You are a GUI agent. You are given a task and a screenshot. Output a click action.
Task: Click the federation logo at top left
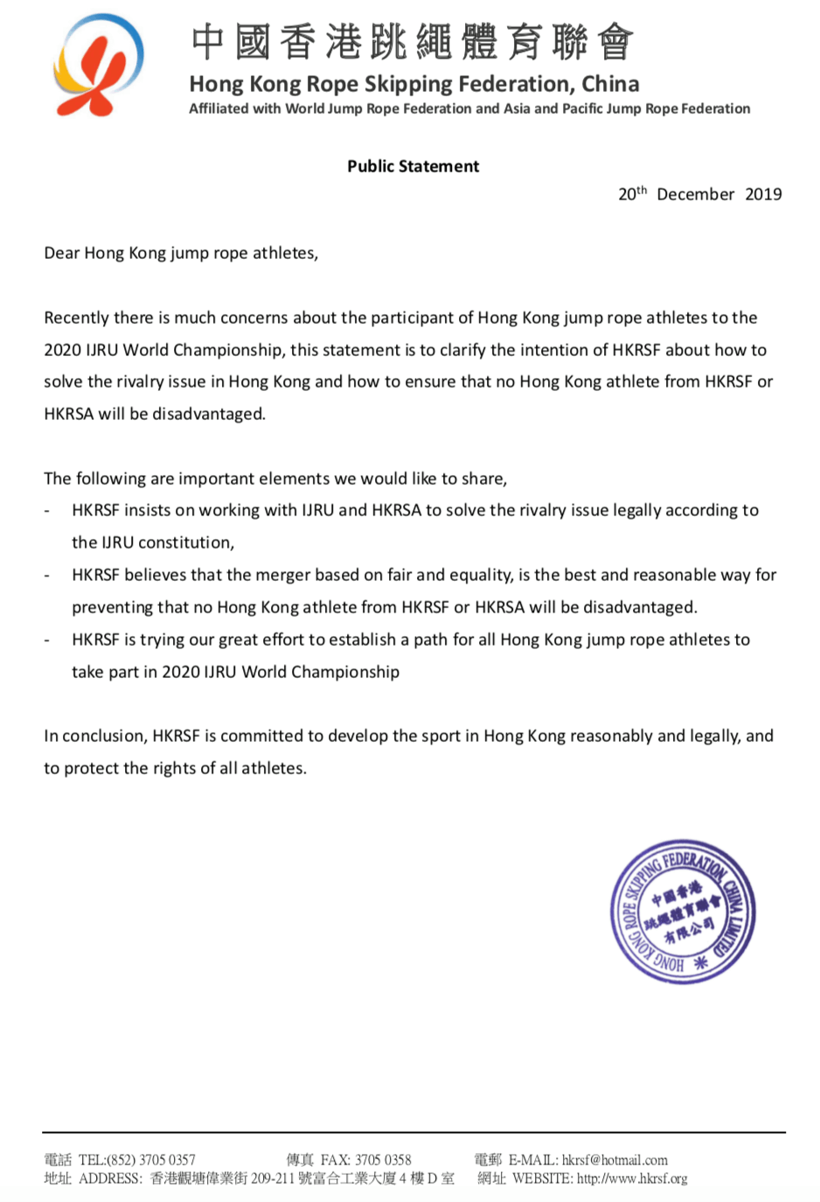[98, 66]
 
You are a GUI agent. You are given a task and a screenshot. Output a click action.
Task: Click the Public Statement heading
[413, 166]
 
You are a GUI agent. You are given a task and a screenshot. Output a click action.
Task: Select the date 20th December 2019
[699, 194]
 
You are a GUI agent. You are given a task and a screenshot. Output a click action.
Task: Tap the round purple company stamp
[683, 912]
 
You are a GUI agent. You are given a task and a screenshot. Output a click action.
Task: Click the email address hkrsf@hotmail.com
[615, 1160]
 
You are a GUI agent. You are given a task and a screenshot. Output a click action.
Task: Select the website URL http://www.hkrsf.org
[632, 1178]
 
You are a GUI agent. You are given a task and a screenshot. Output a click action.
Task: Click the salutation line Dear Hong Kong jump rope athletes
[181, 253]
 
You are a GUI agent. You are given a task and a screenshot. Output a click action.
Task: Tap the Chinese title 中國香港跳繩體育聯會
[412, 42]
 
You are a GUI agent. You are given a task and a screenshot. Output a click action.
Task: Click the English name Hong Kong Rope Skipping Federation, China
[414, 84]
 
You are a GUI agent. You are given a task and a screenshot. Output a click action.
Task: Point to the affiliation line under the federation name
[469, 108]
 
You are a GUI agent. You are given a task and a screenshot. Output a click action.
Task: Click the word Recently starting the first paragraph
[76, 318]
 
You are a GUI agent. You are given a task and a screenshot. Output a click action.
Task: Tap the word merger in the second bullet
[274, 575]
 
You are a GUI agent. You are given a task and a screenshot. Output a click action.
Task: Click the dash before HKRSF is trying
[47, 639]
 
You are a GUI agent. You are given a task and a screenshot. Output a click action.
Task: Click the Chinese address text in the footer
[302, 1178]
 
